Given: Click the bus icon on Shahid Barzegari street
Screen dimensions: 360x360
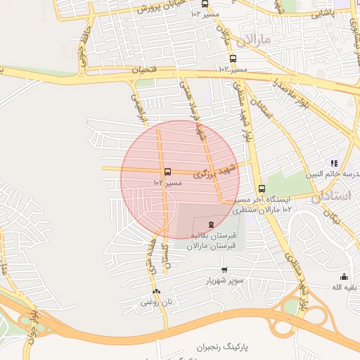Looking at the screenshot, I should click(167, 172).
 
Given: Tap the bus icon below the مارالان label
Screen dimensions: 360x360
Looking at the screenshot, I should click(232, 59).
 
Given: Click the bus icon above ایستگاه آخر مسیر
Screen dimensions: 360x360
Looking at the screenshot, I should click(262, 188).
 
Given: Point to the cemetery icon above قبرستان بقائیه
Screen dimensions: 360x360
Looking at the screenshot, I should click(193, 223).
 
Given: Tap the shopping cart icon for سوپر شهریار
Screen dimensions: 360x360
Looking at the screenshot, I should click(224, 270).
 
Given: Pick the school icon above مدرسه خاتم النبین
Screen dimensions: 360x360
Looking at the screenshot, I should click(334, 163).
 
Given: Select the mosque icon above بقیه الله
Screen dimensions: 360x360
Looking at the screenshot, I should click(344, 276).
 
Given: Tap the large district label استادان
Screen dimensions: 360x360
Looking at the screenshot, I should click(330, 195).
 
